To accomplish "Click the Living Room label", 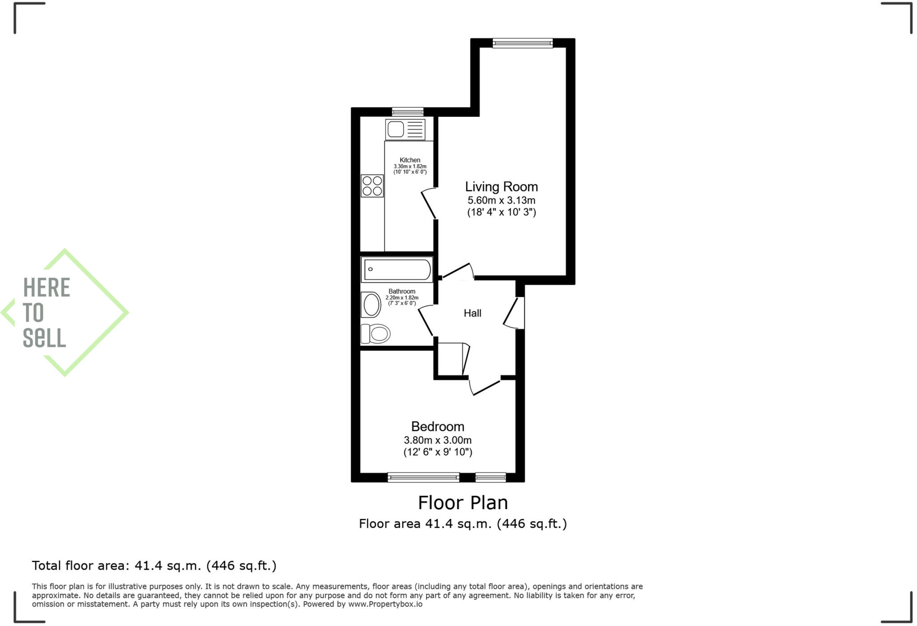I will coord(501,187).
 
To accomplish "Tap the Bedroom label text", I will coord(437,426).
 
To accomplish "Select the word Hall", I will coord(472,313).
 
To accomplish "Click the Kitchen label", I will coord(410,160).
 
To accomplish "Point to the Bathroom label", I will coord(402,291).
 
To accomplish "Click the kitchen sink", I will coord(405,129).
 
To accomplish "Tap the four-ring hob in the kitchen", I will coord(372,186).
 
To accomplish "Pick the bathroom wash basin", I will coord(371,305).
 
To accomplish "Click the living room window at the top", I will coord(522,43).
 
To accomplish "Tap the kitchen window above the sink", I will coord(407,112).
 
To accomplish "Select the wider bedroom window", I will coord(423,477).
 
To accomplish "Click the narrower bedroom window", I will coord(490,477).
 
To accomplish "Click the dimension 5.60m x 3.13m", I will coord(501,201).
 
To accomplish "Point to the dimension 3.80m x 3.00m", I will coord(437,440).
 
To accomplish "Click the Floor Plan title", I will coord(463,503).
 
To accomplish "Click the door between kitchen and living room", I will coord(429,204).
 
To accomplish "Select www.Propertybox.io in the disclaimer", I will coord(385,604).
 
